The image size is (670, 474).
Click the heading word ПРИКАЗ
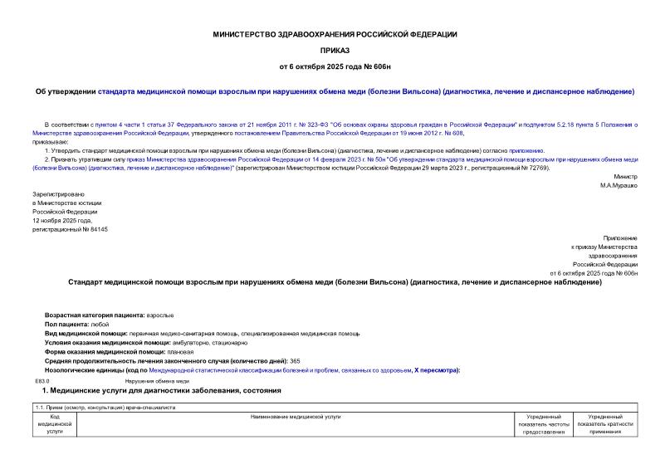335,50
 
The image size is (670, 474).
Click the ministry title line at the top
335,34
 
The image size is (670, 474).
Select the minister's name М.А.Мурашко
619,185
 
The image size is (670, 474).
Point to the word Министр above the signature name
625,177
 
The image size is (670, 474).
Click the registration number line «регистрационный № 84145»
70,229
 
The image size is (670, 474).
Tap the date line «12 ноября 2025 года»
61,220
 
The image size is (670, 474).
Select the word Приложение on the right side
619,238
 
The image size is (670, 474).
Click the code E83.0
42,379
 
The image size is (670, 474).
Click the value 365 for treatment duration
295,361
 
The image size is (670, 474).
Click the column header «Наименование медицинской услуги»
296,416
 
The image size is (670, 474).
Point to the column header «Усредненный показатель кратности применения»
605,423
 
